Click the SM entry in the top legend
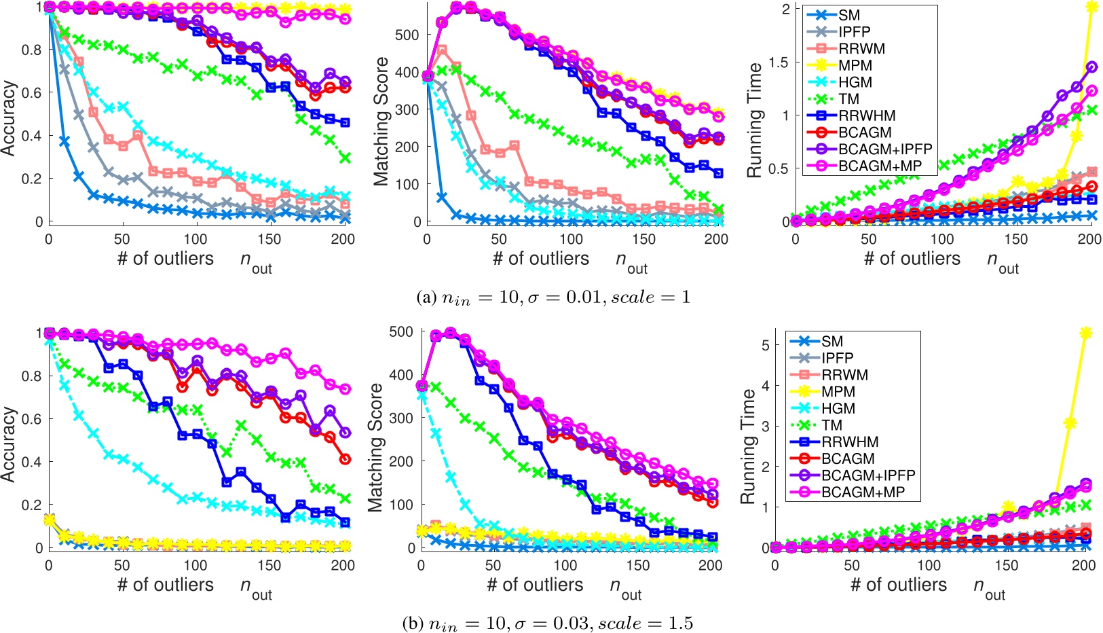point(849,15)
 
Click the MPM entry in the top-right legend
point(855,65)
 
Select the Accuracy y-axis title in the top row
point(9,118)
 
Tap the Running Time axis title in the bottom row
point(748,446)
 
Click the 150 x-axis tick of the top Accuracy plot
point(269,239)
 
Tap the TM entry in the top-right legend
point(848,98)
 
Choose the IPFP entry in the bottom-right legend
point(837,358)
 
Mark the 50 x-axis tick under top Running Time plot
point(869,239)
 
